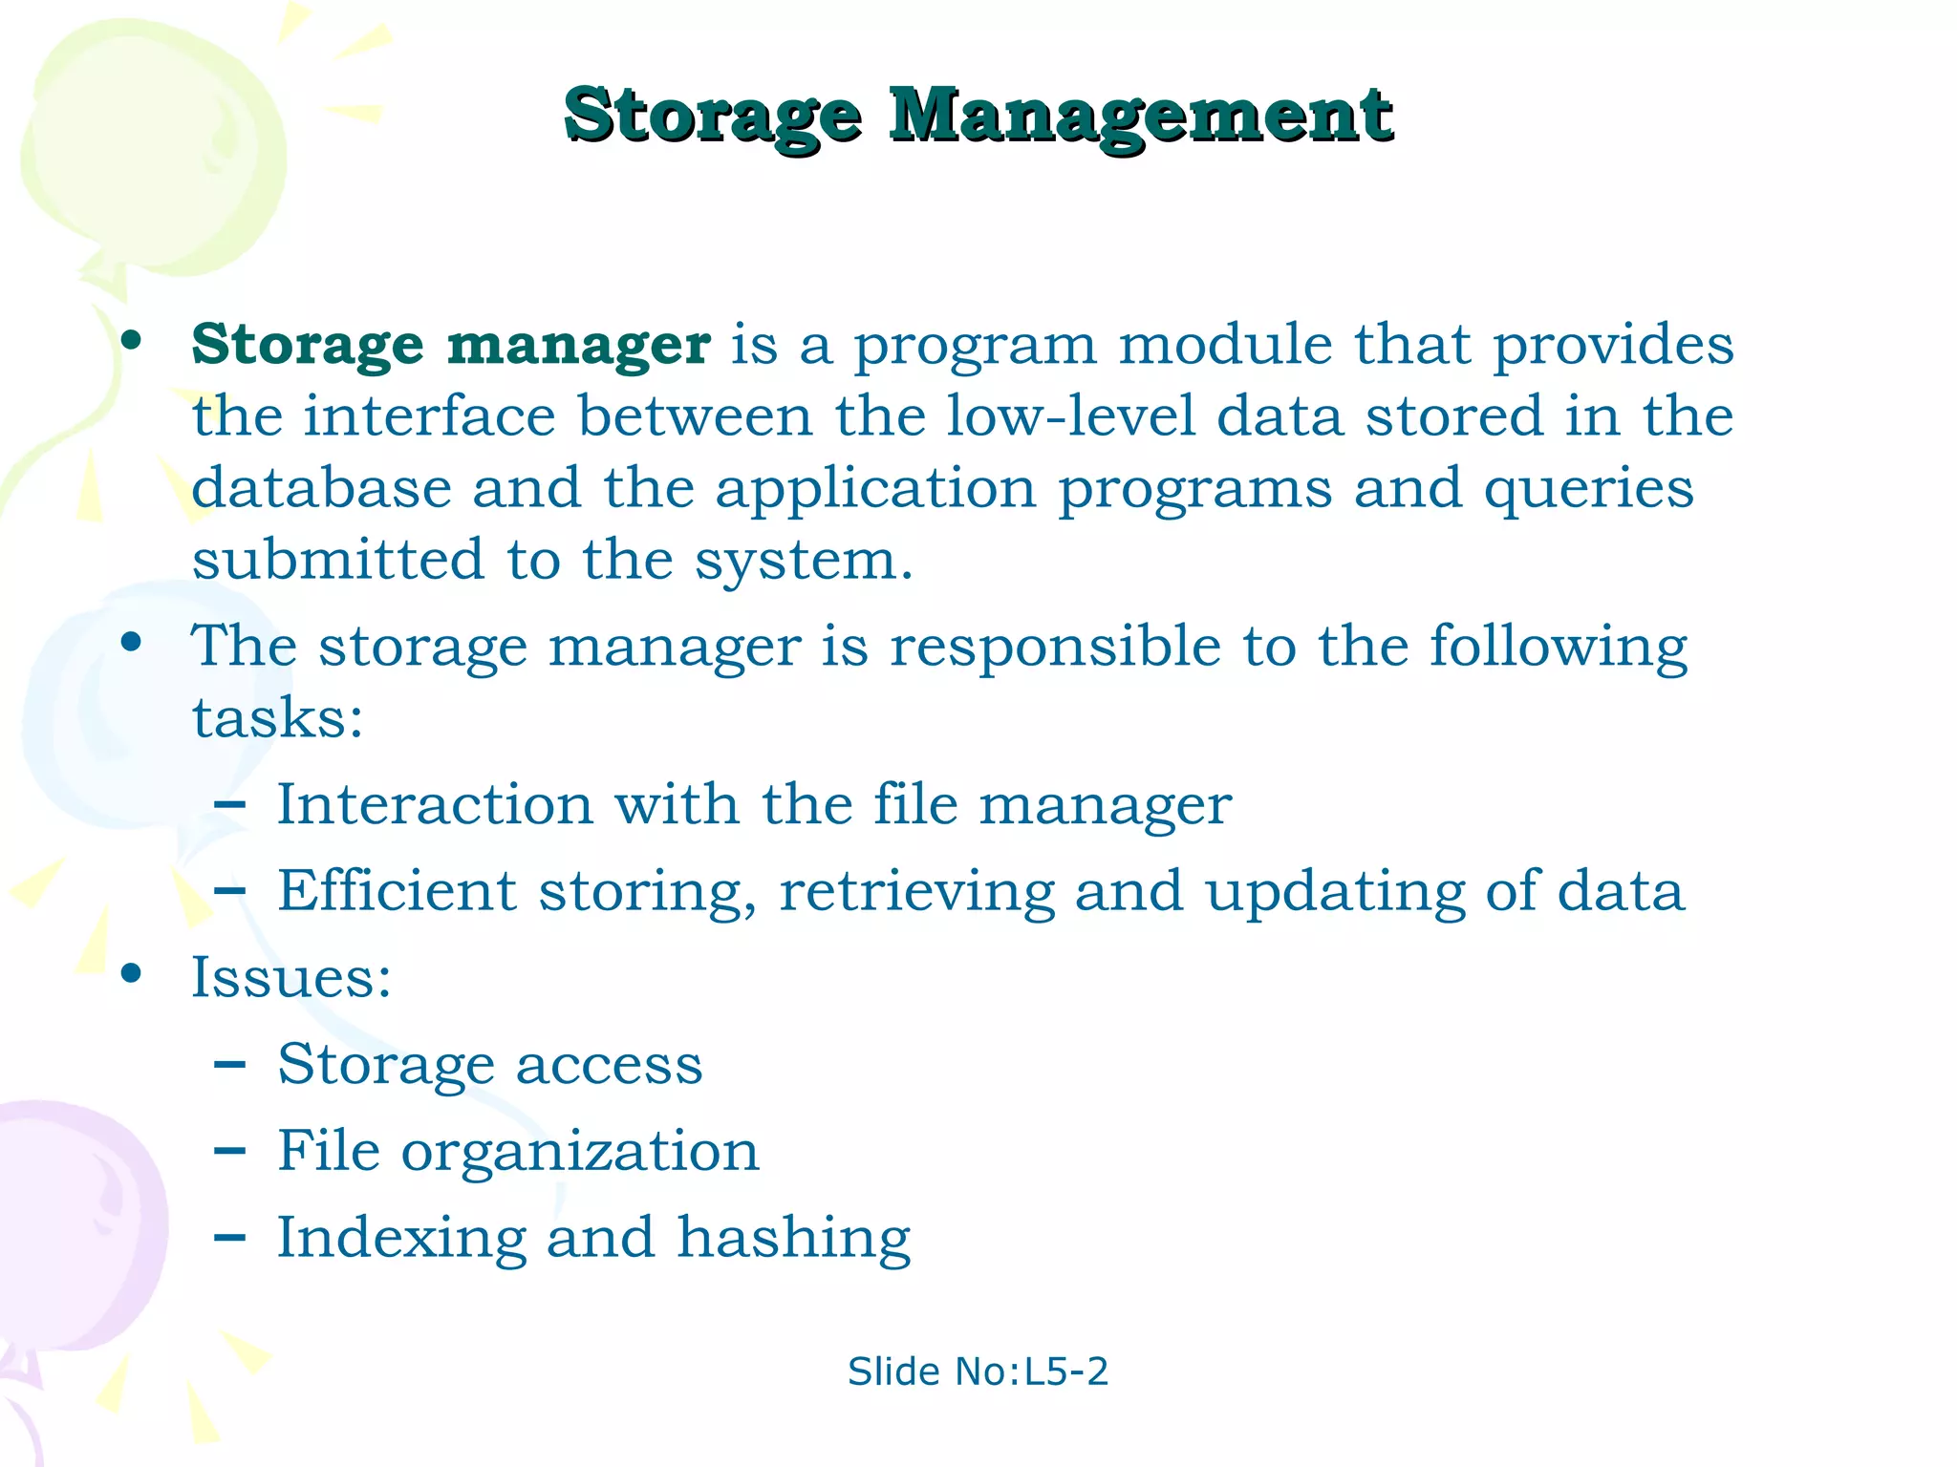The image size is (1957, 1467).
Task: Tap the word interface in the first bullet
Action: tap(429, 416)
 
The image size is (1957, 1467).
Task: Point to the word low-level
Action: tap(1070, 416)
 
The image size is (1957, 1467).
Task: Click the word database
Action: tap(321, 488)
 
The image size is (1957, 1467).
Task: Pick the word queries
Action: tap(1588, 490)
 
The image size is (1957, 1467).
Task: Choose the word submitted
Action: tap(337, 560)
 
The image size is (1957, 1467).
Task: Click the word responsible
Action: tap(1055, 648)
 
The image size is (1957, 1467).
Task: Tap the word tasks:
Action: tap(277, 718)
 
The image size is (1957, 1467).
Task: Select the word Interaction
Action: tap(435, 804)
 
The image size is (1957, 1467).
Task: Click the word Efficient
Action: tap(397, 891)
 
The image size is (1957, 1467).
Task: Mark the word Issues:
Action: tap(291, 978)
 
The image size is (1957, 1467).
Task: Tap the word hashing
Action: tap(793, 1239)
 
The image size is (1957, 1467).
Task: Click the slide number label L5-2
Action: tap(1065, 1371)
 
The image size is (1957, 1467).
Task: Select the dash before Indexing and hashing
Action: tap(229, 1239)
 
